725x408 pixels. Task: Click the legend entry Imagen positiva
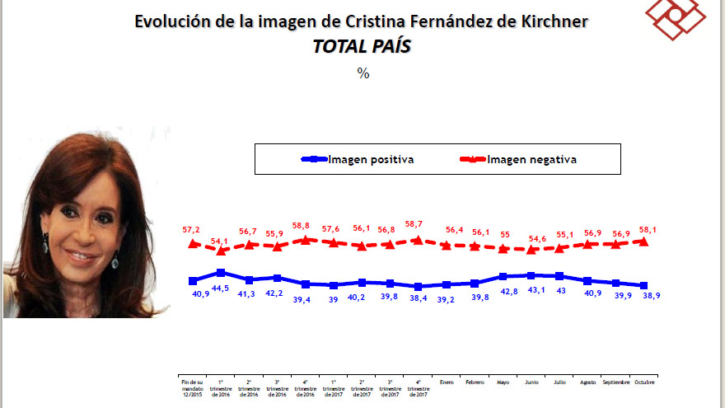point(371,159)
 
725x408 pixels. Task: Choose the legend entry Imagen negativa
point(532,159)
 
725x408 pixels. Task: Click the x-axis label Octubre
point(644,382)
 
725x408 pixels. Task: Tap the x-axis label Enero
point(446,382)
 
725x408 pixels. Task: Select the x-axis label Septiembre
point(615,382)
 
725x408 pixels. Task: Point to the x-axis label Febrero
point(475,382)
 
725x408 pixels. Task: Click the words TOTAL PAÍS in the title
point(362,46)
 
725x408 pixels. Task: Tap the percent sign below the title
point(362,73)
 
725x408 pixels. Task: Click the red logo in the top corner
point(676,18)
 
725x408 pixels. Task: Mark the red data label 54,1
point(220,241)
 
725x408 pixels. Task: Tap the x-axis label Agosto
point(587,382)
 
